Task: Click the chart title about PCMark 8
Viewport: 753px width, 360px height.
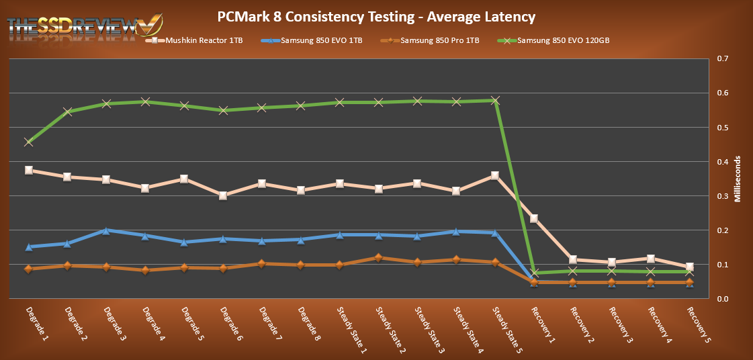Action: click(376, 15)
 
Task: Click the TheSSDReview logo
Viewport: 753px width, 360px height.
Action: click(84, 26)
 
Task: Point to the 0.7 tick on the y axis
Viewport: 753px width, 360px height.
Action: click(723, 59)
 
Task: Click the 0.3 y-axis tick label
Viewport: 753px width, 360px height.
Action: click(723, 196)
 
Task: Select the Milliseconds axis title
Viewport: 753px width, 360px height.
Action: click(738, 179)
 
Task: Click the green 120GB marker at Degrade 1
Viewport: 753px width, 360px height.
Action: click(28, 142)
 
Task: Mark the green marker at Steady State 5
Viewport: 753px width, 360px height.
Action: click(495, 101)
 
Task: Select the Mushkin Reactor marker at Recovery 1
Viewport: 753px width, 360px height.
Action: click(534, 218)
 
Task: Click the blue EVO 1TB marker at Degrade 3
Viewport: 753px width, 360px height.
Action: click(106, 230)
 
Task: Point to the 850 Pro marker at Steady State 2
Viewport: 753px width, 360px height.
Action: click(378, 257)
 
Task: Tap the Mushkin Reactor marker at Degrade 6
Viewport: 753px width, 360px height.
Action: click(223, 195)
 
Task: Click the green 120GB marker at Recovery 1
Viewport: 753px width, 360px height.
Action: click(534, 273)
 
